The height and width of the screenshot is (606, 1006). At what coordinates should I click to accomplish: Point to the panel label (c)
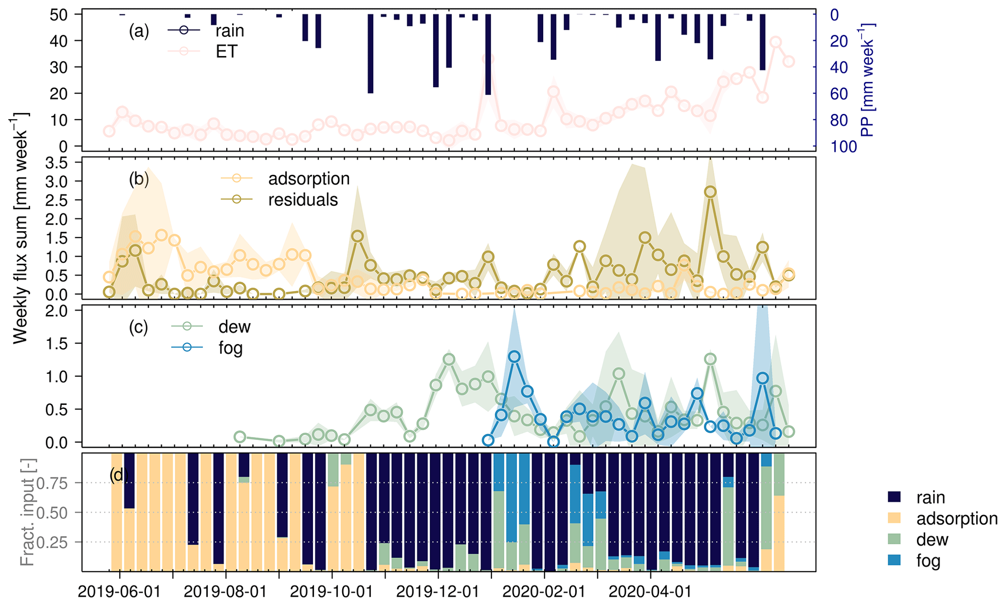coord(138,327)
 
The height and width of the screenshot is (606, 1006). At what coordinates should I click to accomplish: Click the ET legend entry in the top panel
coord(226,52)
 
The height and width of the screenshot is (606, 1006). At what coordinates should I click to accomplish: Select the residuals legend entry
coord(303,200)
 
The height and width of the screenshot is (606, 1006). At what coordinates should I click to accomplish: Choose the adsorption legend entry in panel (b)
coord(309,179)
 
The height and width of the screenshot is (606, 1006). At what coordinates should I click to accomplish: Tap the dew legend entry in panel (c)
coord(234,327)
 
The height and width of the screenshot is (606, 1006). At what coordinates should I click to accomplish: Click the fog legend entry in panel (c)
coord(230,348)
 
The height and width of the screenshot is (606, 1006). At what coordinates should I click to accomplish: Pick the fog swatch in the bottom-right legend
coord(894,561)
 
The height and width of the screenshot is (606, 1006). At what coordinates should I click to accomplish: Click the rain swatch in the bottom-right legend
coord(894,497)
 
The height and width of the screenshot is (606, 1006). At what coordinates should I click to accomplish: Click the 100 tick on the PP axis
coord(843,147)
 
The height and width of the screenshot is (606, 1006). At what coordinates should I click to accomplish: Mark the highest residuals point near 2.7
coord(710,192)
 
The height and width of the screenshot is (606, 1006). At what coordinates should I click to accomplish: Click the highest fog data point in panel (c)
coord(514,357)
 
